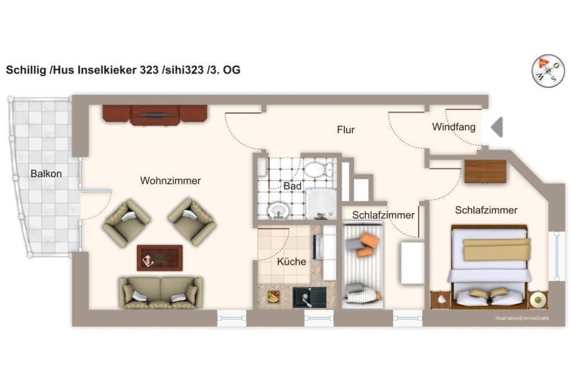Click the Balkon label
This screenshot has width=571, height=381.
[46, 173]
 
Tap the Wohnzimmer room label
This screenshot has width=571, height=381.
[171, 181]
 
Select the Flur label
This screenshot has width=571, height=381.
[346, 129]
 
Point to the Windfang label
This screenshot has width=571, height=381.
[454, 127]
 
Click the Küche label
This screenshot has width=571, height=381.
[291, 262]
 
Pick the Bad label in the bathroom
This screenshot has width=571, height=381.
[292, 186]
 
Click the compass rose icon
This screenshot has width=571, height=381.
[548, 70]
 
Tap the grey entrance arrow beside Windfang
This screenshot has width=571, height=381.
[497, 127]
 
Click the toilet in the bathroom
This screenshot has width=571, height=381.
[318, 170]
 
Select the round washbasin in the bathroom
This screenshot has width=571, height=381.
[278, 210]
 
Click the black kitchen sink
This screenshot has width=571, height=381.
[309, 297]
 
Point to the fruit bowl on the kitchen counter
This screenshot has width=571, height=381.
[273, 296]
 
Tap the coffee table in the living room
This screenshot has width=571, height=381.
[159, 258]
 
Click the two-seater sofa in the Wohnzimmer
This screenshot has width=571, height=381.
[160, 293]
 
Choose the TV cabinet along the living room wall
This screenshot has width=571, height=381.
[155, 115]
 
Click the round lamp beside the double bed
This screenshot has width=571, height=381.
[538, 300]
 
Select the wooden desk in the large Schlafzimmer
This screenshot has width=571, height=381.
[486, 171]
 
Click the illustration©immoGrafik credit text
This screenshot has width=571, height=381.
[522, 319]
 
